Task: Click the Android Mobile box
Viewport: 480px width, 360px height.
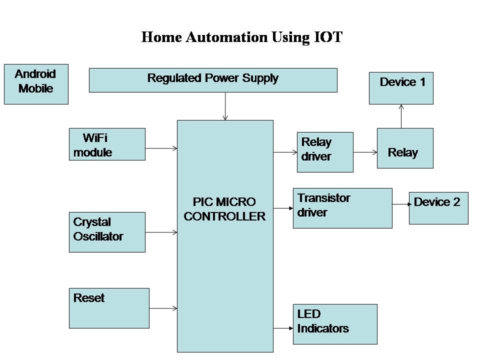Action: click(36, 84)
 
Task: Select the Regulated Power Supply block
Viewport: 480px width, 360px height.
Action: click(213, 80)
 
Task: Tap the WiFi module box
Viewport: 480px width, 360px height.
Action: click(107, 144)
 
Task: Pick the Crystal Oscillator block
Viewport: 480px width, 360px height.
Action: click(107, 232)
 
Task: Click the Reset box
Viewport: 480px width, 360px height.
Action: click(109, 308)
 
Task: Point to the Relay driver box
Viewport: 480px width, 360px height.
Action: click(325, 152)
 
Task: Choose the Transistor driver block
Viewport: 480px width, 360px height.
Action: click(342, 208)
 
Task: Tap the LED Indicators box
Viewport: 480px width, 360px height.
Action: click(335, 324)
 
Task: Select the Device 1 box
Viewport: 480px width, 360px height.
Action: click(401, 88)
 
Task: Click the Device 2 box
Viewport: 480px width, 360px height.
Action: click(438, 208)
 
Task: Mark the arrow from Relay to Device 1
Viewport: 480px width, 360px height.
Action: click(401, 116)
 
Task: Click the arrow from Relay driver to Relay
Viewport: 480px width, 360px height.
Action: click(365, 152)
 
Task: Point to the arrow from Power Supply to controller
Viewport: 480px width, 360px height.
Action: click(225, 106)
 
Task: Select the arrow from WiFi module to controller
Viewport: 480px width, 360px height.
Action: click(161, 148)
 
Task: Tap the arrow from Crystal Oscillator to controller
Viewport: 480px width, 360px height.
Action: click(161, 232)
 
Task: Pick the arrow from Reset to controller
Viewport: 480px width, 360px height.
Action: click(163, 308)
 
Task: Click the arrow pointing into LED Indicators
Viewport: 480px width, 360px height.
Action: click(283, 328)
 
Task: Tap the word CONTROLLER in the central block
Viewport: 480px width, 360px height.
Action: click(225, 216)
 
